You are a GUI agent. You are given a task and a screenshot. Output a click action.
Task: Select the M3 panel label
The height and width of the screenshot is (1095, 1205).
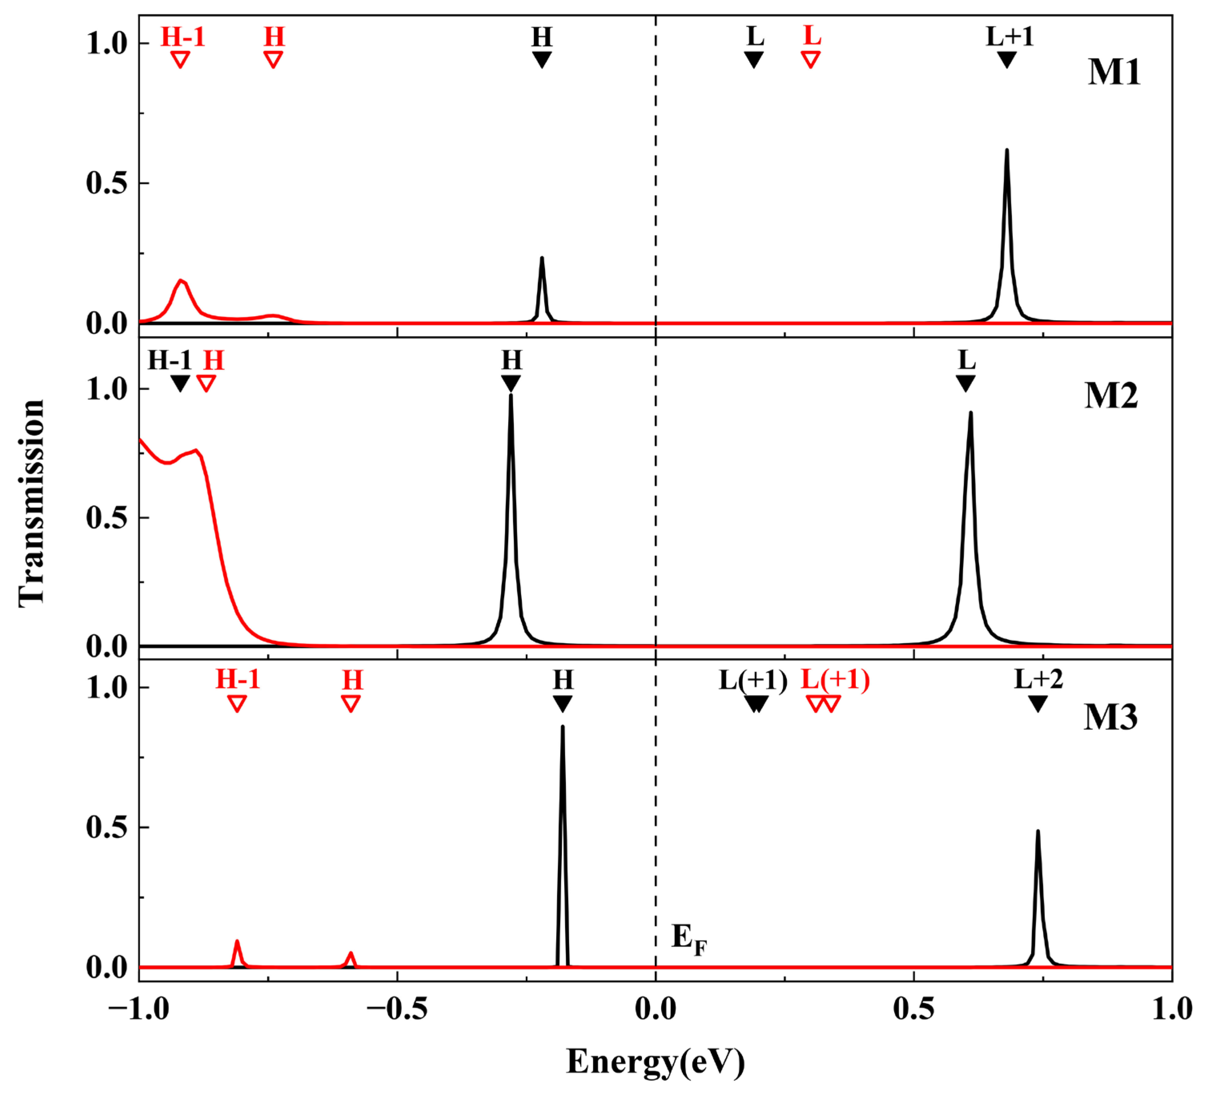[x=1110, y=717]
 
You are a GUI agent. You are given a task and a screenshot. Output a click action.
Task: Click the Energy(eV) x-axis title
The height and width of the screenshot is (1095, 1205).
[x=656, y=1062]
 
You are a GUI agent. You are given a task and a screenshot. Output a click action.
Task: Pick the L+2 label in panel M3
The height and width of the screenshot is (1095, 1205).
[x=1039, y=680]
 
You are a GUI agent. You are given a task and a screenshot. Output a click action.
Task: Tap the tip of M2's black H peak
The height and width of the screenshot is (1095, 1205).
[x=511, y=395]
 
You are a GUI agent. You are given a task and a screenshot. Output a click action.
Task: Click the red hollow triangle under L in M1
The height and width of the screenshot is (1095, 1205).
[x=811, y=59]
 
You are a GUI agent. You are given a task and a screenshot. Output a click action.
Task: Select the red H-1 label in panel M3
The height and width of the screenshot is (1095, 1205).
[x=238, y=680]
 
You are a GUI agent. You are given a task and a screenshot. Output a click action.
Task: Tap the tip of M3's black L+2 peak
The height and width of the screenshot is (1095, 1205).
[x=1038, y=831]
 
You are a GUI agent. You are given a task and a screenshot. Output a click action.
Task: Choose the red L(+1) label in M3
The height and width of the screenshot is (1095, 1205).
[x=835, y=680]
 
